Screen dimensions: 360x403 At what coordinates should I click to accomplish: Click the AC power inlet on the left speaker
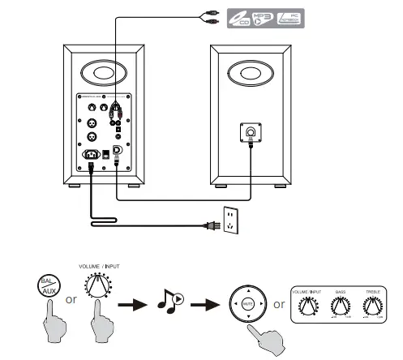[x=89, y=154]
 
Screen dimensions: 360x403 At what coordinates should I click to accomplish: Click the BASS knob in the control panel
[x=341, y=306]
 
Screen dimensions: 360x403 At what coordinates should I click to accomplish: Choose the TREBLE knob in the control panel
[x=373, y=306]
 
